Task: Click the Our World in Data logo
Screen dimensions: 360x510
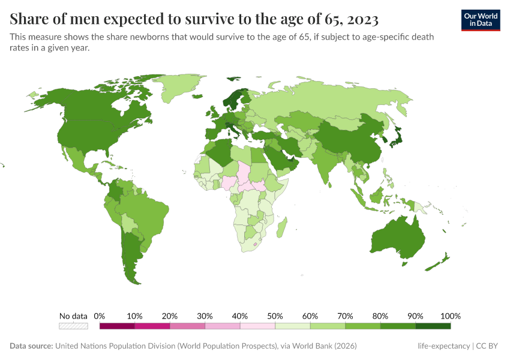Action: [480, 20]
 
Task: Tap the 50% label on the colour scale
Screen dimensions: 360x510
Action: [275, 316]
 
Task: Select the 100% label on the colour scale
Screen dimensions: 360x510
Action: [450, 316]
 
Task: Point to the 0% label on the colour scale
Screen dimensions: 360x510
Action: [100, 316]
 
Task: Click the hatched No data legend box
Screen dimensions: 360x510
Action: [73, 326]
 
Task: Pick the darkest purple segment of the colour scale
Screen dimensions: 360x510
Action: [117, 326]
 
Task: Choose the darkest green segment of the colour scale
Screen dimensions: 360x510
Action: [433, 326]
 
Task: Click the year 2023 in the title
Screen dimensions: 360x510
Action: [362, 20]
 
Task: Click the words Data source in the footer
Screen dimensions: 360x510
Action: [31, 346]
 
